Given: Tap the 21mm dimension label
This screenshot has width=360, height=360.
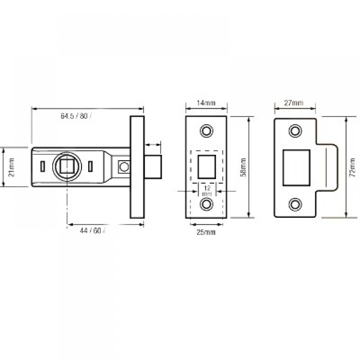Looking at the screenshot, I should (x=12, y=167).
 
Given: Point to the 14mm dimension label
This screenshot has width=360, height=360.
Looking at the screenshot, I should (x=207, y=103).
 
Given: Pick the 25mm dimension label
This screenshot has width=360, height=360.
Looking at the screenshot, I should (x=206, y=233).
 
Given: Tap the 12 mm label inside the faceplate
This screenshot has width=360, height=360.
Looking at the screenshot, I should (x=207, y=191).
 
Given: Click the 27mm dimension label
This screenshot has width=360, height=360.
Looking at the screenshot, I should (x=294, y=103).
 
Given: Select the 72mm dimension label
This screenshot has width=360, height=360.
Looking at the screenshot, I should (x=352, y=167).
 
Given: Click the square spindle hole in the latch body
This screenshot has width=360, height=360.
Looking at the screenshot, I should (x=67, y=166).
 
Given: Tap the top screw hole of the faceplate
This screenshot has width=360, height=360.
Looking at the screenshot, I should (x=207, y=130).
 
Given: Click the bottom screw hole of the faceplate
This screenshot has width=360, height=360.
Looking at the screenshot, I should (x=207, y=204).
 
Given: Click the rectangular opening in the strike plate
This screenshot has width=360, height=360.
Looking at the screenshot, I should (x=297, y=167).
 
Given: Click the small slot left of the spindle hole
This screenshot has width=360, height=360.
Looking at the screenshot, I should (x=43, y=166).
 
